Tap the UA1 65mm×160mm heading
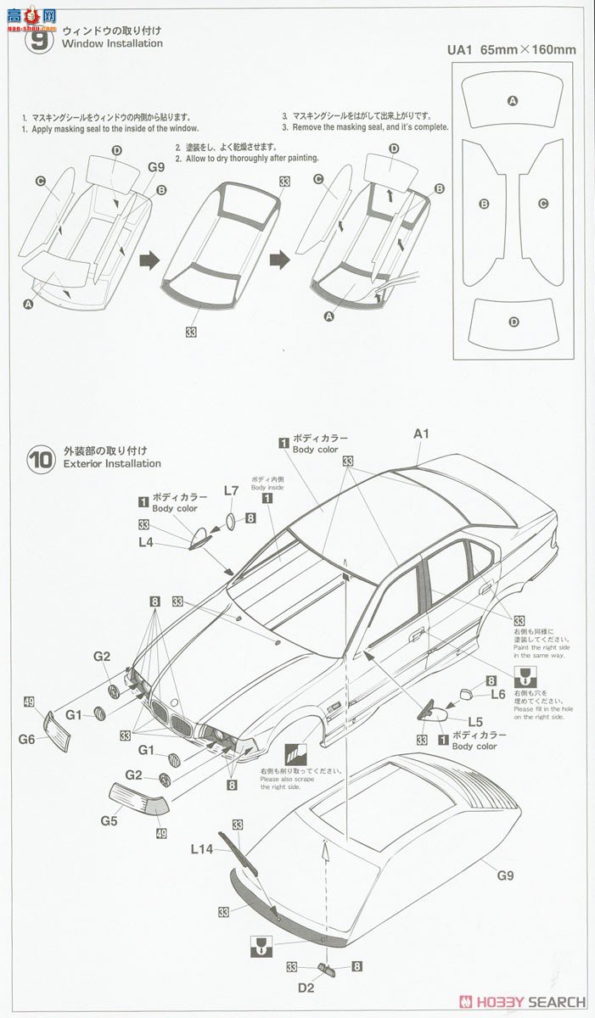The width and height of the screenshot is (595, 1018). (x=511, y=49)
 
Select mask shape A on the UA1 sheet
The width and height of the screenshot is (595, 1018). (x=512, y=101)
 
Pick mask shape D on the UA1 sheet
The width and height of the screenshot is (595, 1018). (x=513, y=322)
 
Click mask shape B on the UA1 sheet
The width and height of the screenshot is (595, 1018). (x=483, y=204)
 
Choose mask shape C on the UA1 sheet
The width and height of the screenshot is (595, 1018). (x=542, y=204)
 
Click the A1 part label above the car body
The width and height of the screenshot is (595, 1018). (x=422, y=433)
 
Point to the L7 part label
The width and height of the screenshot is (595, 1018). (x=231, y=490)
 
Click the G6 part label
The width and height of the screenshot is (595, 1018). (x=26, y=739)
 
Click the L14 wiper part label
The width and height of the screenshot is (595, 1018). (x=202, y=848)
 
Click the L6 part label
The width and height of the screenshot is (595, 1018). (x=498, y=693)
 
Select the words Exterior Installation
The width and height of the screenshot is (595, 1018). (x=111, y=463)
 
